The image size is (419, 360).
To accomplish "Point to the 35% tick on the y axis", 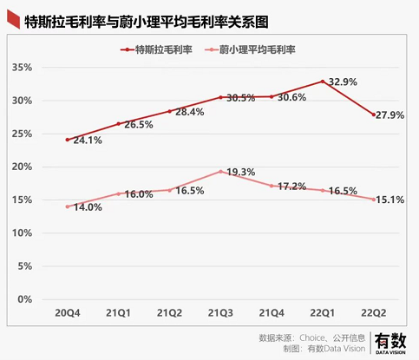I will coord(20,68).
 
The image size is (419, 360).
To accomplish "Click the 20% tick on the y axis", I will coord(20,167).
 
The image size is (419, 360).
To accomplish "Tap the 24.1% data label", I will coord(88,140).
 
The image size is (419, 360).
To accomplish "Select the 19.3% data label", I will coord(240,172).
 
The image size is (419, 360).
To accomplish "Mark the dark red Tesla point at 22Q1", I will coord(323,82).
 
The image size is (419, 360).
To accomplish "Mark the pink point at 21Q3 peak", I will coord(220,171).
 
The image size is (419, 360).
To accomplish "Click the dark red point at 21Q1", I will coord(118,124).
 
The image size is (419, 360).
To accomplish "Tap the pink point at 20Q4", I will coord(68,206).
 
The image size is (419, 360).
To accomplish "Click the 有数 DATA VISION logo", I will coord(390,342).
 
